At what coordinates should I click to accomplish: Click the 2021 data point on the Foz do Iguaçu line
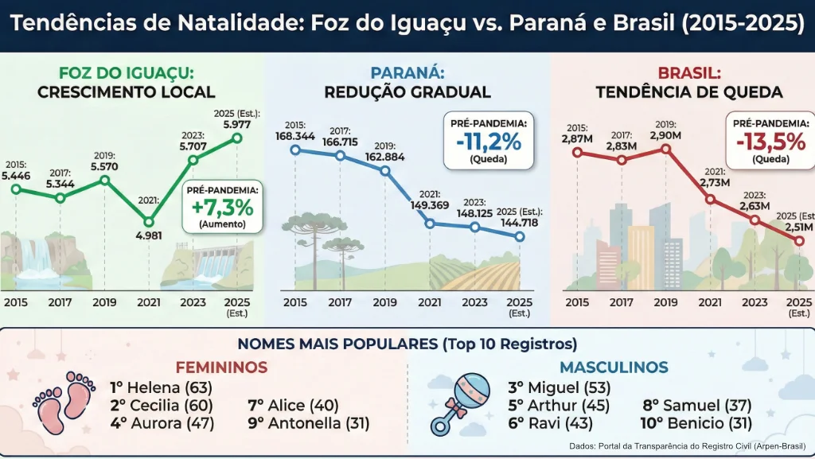149,222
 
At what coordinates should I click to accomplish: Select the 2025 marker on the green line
236,138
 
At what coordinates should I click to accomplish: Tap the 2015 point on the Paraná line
295,149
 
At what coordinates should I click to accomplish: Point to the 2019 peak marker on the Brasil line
666,149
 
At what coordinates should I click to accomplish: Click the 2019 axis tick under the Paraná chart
385,302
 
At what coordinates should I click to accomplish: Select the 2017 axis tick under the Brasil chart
622,302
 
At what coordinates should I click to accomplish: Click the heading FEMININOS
221,368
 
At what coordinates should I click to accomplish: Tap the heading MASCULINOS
613,368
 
